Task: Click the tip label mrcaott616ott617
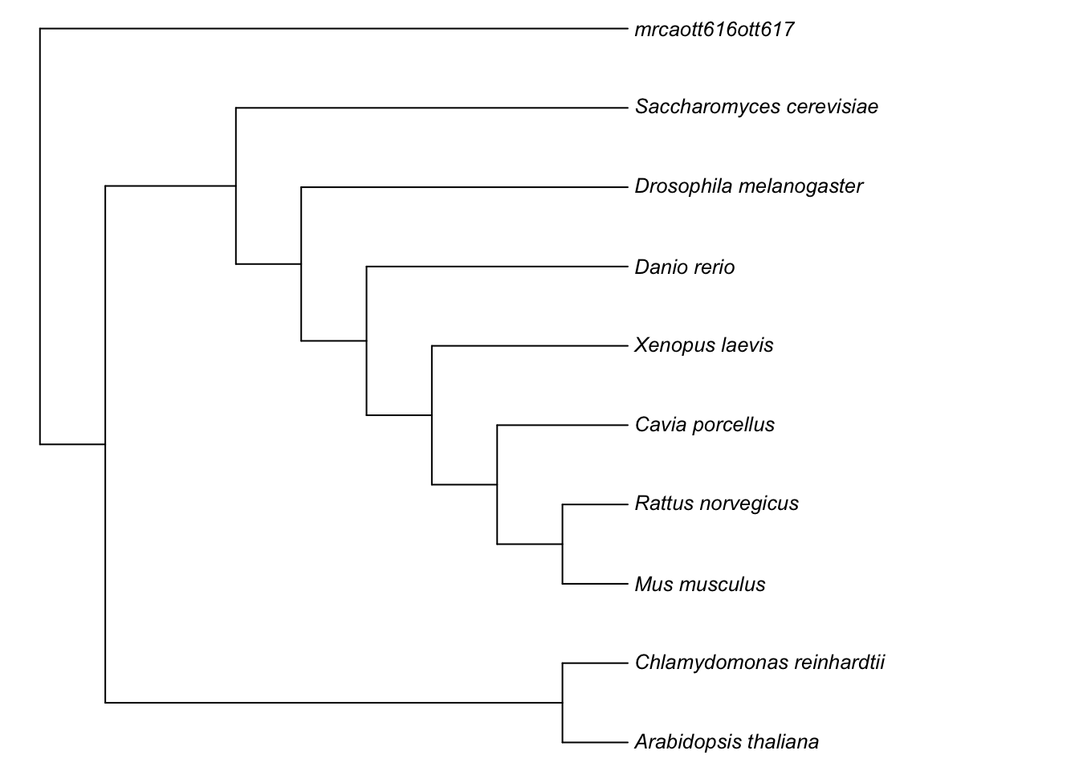(x=715, y=31)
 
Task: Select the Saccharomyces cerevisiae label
(x=756, y=107)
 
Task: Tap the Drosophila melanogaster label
(x=748, y=186)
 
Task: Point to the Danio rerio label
(x=684, y=267)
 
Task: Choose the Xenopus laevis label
(x=703, y=345)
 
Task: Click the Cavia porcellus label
(x=704, y=424)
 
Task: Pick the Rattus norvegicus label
(x=716, y=504)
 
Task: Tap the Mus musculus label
(x=699, y=584)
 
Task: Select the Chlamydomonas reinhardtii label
(x=759, y=663)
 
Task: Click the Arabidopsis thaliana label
(x=727, y=741)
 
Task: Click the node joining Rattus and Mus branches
(x=563, y=545)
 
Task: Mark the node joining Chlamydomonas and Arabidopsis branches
(x=563, y=703)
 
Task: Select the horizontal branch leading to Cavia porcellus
(x=562, y=425)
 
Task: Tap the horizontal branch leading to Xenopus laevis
(x=529, y=346)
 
